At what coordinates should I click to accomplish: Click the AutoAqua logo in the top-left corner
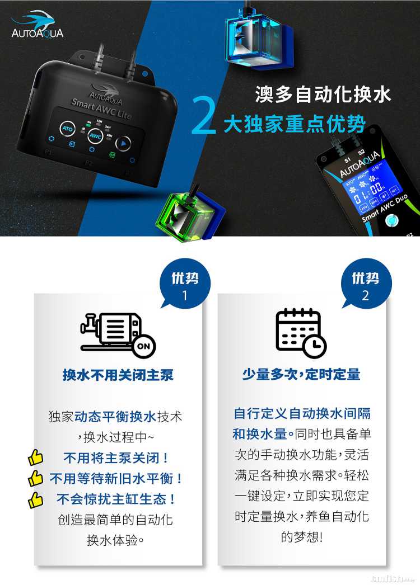click(x=37, y=24)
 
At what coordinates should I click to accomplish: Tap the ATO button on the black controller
click(x=67, y=129)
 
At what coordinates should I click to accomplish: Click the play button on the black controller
click(x=123, y=143)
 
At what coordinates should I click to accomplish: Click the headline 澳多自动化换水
click(x=323, y=94)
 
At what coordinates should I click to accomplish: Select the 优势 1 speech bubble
click(x=185, y=284)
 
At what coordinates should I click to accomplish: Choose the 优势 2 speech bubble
click(x=366, y=284)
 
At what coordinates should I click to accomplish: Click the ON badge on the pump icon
click(x=144, y=346)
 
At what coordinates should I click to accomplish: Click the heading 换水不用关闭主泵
click(x=118, y=375)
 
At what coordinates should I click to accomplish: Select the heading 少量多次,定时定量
click(x=301, y=374)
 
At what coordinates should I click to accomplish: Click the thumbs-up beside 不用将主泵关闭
click(x=35, y=457)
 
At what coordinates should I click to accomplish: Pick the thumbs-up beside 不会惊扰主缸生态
click(x=35, y=501)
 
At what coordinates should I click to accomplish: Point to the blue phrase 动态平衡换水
click(x=115, y=416)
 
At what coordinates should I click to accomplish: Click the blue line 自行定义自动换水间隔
click(x=302, y=413)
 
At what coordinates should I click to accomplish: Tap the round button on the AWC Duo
click(x=391, y=220)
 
